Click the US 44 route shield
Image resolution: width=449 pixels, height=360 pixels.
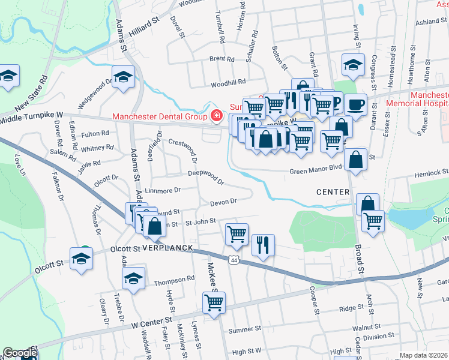234,259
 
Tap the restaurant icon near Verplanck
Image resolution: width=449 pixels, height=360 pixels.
263,245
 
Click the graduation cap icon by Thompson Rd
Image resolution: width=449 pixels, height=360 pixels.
133,277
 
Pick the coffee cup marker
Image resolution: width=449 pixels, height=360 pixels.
357,104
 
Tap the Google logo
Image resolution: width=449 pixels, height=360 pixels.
20,353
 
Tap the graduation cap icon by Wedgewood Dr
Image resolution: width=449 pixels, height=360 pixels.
124,78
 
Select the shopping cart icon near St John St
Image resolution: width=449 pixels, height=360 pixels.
237,233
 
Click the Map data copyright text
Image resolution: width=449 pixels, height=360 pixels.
423,355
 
